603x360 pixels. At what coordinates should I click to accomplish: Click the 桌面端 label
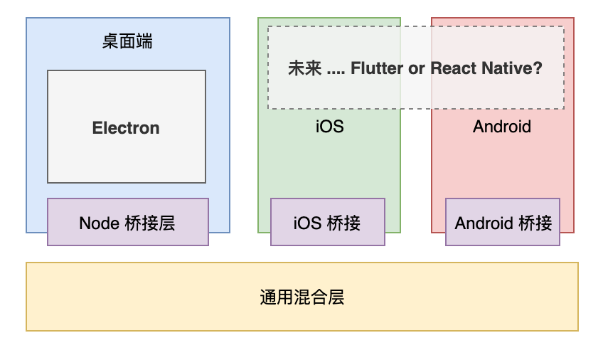[127, 41]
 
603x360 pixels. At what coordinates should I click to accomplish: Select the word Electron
[126, 128]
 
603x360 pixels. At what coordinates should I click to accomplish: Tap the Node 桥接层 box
[128, 222]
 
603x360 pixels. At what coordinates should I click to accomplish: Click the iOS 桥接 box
[328, 222]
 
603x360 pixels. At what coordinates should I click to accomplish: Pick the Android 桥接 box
[503, 222]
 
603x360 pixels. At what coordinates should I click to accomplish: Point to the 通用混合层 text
[302, 297]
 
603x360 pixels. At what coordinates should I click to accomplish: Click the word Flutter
[377, 68]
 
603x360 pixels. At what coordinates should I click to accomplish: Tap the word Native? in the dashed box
[512, 68]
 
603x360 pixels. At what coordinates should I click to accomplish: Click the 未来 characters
[304, 68]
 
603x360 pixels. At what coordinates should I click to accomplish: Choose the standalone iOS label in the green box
[329, 127]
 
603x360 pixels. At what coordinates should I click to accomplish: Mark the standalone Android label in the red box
[502, 127]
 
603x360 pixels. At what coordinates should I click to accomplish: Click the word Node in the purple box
[100, 223]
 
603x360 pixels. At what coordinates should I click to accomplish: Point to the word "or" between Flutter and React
[417, 69]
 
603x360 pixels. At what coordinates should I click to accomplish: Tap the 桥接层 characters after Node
[150, 223]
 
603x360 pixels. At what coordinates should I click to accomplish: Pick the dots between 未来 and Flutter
[336, 73]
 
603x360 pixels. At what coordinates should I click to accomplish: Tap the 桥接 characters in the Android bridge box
[535, 223]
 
